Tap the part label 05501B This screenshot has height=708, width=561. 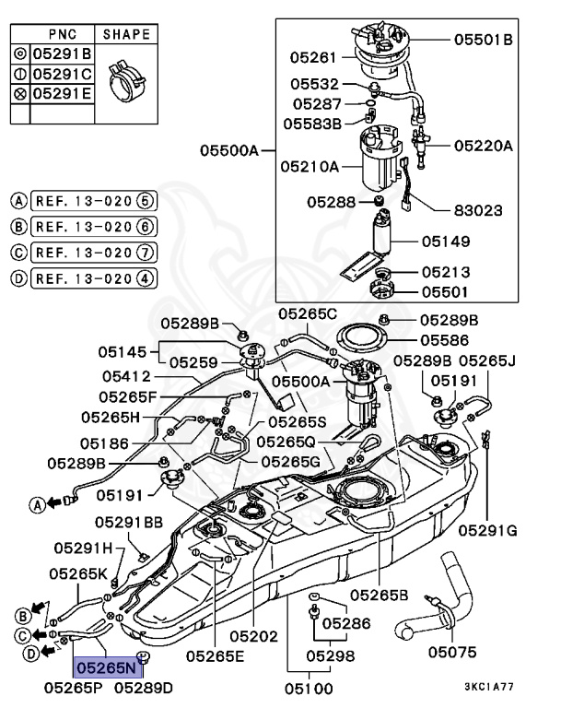pyautogui.click(x=483, y=40)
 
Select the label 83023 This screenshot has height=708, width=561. pyautogui.click(x=479, y=210)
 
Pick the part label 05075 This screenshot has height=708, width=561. pyautogui.click(x=452, y=652)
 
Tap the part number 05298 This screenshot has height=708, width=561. pyautogui.click(x=330, y=655)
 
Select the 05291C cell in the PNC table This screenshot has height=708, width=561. pyautogui.click(x=62, y=73)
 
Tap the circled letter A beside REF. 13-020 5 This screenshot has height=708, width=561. pyautogui.click(x=18, y=200)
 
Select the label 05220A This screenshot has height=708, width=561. pyautogui.click(x=483, y=145)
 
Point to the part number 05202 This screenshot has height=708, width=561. pyautogui.click(x=253, y=636)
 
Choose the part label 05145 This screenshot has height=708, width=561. pyautogui.click(x=125, y=352)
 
